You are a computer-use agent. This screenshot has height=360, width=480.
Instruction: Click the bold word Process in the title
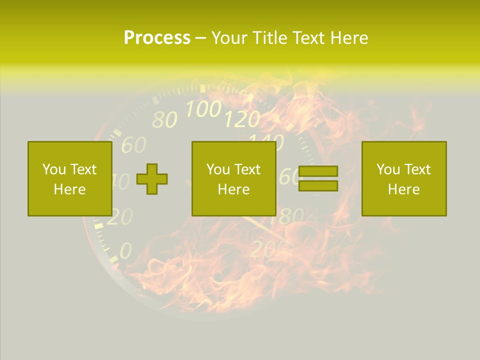pos(157,38)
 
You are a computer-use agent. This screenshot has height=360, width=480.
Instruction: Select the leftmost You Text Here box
pos(69,178)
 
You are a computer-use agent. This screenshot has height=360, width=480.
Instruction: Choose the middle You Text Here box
pos(233,178)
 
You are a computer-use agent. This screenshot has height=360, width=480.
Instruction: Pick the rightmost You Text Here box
pos(403,178)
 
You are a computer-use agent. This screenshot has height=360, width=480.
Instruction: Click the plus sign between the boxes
pos(152,178)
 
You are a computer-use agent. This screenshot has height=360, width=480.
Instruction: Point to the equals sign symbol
pos(318,178)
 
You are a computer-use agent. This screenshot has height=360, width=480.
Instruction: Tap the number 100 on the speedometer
pos(203,108)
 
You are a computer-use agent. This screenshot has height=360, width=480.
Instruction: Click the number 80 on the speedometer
pos(164,119)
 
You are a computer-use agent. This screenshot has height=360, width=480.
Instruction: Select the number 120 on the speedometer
pos(242,119)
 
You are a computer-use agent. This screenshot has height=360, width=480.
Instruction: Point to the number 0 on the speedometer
pos(125,250)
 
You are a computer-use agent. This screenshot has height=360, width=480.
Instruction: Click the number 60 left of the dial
pos(134,145)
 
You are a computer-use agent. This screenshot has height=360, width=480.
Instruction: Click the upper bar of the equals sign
pos(318,171)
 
